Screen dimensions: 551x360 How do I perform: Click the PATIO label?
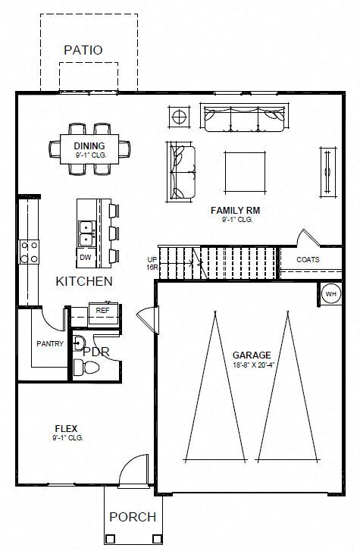click(x=83, y=50)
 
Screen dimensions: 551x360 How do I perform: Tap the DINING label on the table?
click(x=89, y=146)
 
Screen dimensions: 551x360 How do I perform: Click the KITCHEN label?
click(x=84, y=281)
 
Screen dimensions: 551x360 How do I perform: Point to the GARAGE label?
click(x=252, y=355)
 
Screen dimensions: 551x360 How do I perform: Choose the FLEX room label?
click(x=67, y=428)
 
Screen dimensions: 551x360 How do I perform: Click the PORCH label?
click(x=133, y=517)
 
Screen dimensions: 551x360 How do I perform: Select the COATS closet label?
click(x=308, y=260)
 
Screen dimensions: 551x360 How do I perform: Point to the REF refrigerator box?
click(x=102, y=310)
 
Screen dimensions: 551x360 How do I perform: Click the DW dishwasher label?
click(x=85, y=258)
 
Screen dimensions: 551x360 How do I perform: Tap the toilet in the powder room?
click(x=89, y=368)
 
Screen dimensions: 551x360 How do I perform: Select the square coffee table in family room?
click(x=245, y=172)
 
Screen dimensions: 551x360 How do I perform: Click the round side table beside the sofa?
click(x=180, y=117)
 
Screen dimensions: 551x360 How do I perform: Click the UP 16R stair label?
click(x=152, y=263)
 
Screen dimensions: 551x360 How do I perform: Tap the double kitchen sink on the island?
click(x=86, y=233)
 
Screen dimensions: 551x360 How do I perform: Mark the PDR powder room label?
click(x=96, y=352)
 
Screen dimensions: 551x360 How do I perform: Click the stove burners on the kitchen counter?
click(x=30, y=252)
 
